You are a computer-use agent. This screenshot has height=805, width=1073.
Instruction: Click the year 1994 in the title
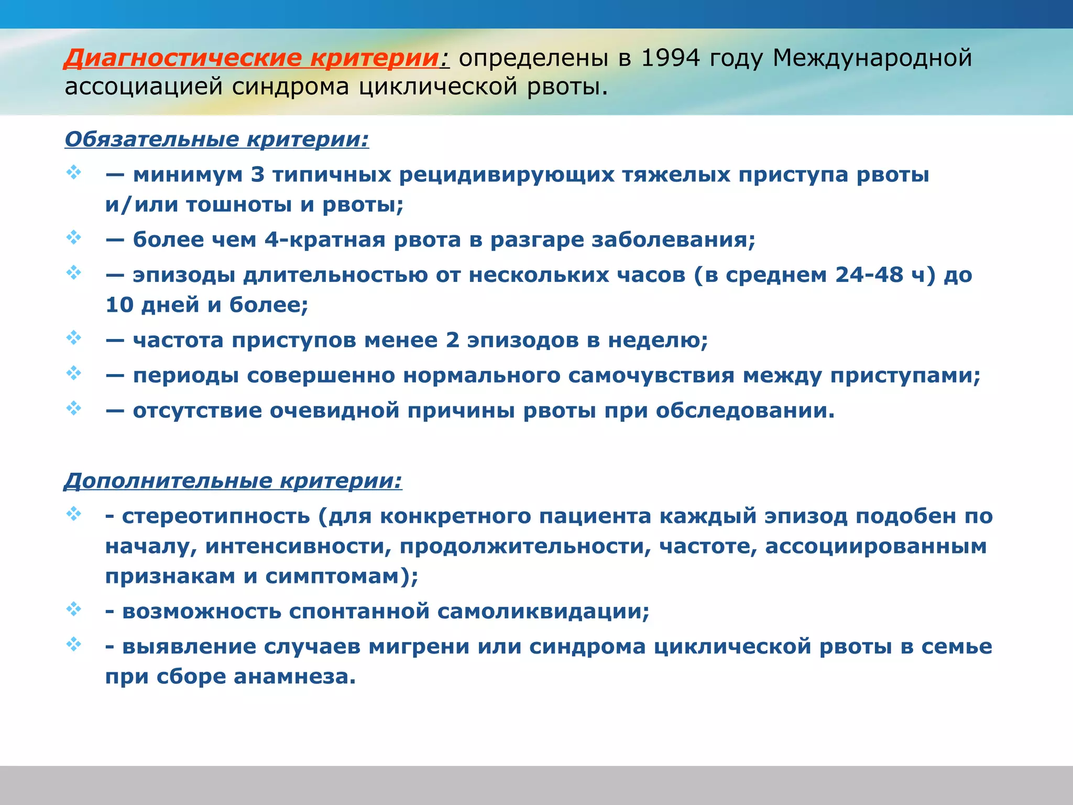click(671, 58)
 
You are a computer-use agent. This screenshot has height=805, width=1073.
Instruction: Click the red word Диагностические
click(183, 58)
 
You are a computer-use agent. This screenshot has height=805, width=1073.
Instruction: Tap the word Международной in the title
click(872, 58)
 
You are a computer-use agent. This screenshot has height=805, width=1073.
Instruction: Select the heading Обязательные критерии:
click(217, 139)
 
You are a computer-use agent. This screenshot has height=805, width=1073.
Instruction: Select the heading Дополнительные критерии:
click(233, 481)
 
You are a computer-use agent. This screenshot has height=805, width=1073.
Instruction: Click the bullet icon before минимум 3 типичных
click(74, 172)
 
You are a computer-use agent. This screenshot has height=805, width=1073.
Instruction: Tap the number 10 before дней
click(119, 305)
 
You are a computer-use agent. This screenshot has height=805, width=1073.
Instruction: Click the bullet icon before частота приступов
click(74, 338)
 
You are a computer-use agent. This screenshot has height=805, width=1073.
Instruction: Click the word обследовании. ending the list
click(745, 411)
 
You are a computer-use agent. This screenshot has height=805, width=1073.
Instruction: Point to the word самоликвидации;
click(543, 612)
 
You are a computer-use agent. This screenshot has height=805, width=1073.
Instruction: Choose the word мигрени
click(419, 647)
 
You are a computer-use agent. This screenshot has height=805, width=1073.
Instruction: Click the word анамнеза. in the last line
click(294, 677)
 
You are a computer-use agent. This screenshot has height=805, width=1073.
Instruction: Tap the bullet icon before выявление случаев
click(74, 644)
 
